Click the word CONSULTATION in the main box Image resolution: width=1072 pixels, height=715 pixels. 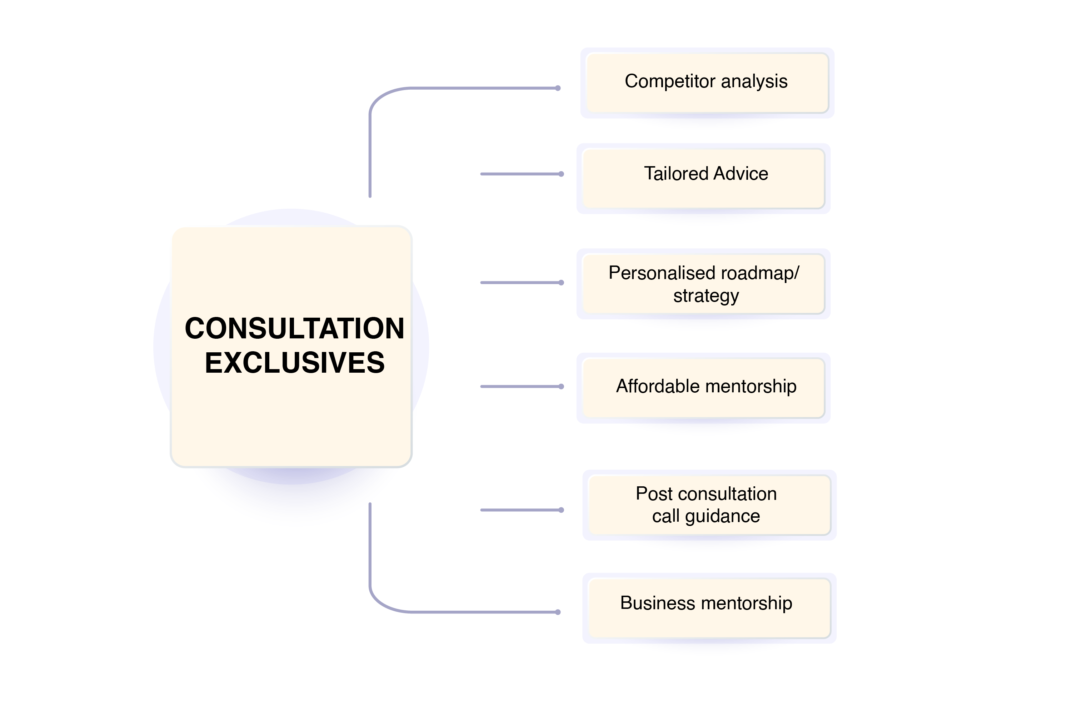(294, 328)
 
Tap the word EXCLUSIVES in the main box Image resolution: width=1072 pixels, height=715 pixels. (294, 363)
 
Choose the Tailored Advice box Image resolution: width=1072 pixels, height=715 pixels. (703, 178)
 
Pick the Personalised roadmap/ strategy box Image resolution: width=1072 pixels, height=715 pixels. (703, 284)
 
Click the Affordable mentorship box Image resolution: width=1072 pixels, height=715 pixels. (703, 388)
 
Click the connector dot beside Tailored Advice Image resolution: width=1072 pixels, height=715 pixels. (562, 174)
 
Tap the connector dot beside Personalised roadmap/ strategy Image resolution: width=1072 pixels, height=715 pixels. (562, 283)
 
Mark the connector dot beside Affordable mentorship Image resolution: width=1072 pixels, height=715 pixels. (562, 387)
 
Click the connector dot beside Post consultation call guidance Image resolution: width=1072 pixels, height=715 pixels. (562, 510)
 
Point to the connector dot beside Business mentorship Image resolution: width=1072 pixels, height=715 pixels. (558, 612)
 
